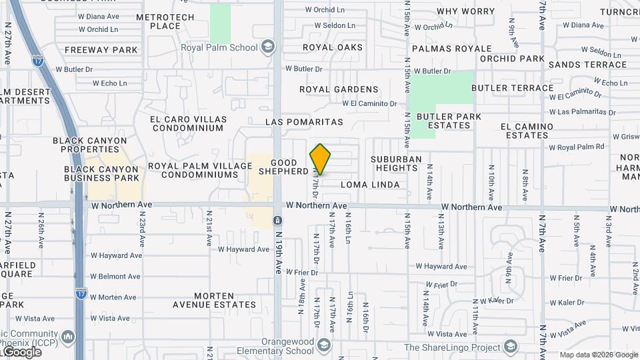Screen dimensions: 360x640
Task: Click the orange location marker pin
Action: click(x=320, y=159)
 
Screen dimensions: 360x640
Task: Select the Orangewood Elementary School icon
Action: click(x=323, y=345)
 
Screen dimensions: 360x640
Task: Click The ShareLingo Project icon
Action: click(x=511, y=347)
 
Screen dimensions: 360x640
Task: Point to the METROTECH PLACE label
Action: click(x=165, y=22)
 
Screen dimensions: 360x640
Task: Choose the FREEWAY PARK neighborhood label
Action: click(x=101, y=50)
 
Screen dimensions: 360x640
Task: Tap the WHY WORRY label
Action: click(x=465, y=11)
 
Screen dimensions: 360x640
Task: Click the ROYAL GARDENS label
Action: click(x=339, y=89)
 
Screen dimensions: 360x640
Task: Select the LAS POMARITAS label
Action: click(x=304, y=123)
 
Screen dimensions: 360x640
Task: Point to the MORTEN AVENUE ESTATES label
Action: click(x=214, y=300)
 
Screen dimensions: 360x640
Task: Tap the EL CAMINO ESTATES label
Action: click(x=527, y=131)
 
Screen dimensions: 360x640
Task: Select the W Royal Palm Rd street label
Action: click(x=576, y=147)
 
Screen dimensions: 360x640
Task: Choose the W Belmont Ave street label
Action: click(x=116, y=277)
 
